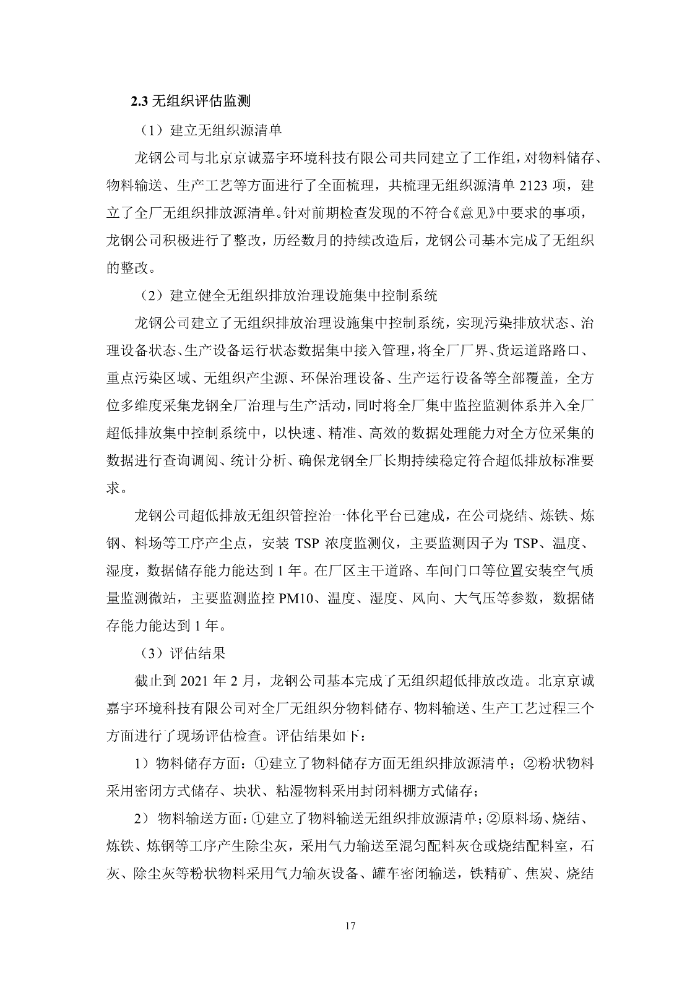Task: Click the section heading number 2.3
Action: (x=139, y=101)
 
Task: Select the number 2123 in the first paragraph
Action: (x=537, y=184)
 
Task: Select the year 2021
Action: (x=196, y=681)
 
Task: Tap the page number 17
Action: (x=350, y=926)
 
